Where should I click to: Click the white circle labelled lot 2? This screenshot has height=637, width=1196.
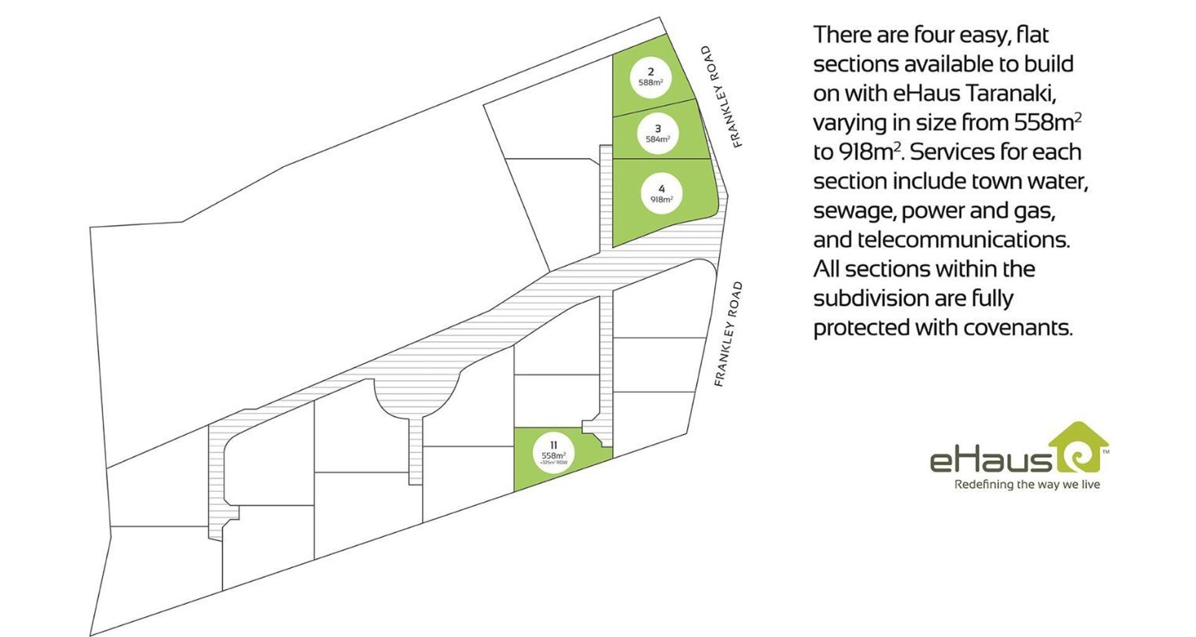tap(650, 77)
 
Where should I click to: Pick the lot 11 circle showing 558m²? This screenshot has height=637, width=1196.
tap(553, 453)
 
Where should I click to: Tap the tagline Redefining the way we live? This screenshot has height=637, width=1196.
tap(1027, 484)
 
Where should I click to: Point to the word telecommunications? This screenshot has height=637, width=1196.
tap(963, 240)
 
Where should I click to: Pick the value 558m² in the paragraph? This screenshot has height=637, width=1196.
tap(1047, 123)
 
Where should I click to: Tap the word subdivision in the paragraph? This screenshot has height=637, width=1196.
tap(871, 298)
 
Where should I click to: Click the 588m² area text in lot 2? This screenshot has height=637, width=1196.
tap(650, 83)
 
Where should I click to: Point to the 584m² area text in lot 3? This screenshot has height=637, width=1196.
tap(658, 139)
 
